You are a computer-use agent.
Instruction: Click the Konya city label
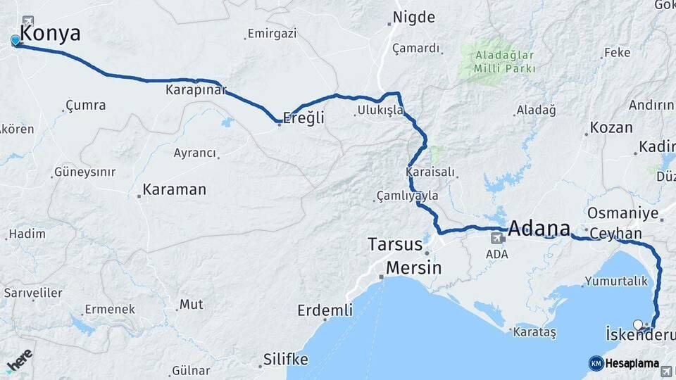(50, 33)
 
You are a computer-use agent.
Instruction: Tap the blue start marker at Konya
(15, 41)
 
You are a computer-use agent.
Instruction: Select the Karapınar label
(195, 90)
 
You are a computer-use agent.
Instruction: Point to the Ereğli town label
(303, 118)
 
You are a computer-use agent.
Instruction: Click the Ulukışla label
(380, 110)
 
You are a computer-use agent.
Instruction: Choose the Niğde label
(414, 18)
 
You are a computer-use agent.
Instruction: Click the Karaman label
(174, 189)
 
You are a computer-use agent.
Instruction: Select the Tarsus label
(394, 244)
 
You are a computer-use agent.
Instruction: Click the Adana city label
(539, 229)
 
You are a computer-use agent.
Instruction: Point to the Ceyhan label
(616, 234)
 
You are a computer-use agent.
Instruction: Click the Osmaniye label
(622, 213)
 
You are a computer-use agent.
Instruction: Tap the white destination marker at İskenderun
(639, 324)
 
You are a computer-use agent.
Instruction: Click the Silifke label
(285, 360)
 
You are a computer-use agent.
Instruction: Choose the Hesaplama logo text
(632, 363)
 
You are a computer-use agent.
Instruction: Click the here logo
(20, 359)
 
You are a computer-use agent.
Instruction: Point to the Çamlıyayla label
(407, 196)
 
